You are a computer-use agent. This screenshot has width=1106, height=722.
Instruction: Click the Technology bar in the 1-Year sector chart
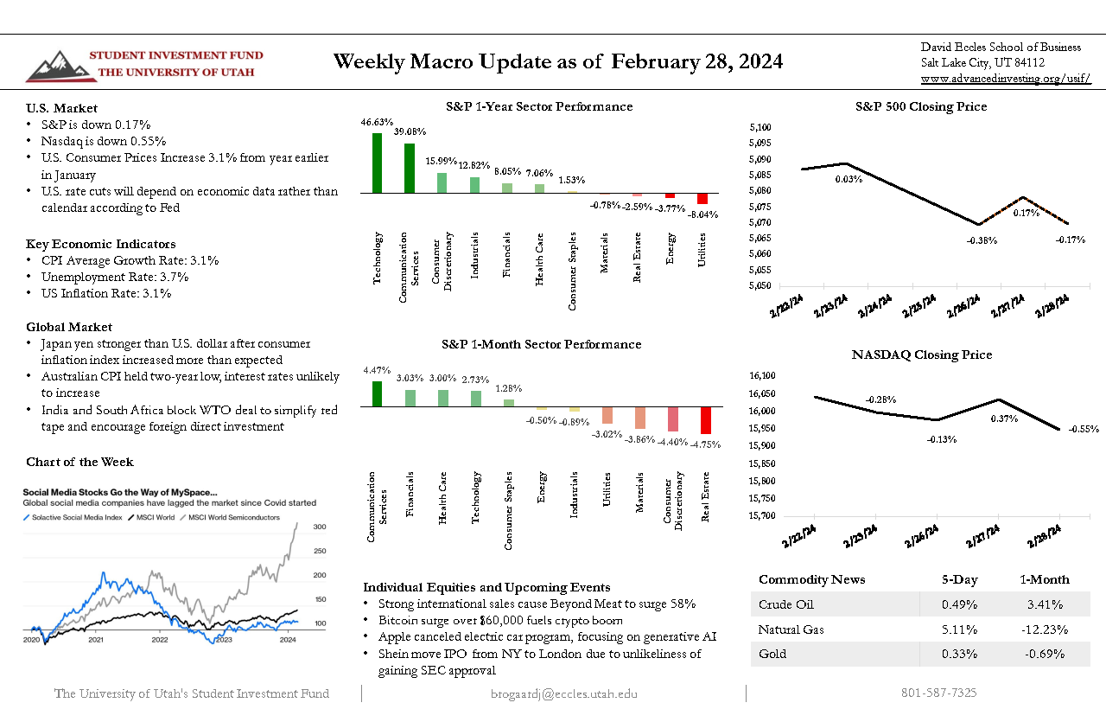pos(377,163)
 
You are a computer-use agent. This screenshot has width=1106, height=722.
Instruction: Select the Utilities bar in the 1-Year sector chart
pos(702,199)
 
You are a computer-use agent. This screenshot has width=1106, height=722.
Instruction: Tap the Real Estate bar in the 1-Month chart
pos(706,421)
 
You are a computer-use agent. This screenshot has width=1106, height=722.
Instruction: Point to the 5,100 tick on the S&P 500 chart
pos(760,127)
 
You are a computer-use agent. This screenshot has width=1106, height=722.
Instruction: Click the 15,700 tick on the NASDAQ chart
pos(763,516)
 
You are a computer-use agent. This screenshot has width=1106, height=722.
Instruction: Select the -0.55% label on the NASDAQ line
pos(1083,429)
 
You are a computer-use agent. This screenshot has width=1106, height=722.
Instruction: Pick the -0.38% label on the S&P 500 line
pos(978,240)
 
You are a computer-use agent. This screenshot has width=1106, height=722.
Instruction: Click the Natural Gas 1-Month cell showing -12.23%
pos(1044,629)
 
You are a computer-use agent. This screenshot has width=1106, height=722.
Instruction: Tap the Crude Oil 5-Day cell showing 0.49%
pos(959,604)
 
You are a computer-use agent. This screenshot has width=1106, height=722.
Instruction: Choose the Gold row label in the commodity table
pos(772,654)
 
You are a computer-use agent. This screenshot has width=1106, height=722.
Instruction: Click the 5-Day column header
pos(959,579)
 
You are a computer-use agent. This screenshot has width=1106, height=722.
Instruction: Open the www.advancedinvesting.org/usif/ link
pos(1005,79)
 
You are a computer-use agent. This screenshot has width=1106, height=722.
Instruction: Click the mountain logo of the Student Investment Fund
pos(55,66)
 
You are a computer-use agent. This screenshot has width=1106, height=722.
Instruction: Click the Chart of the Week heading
pos(79,462)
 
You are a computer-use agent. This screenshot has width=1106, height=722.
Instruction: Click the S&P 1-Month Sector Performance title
pos(541,344)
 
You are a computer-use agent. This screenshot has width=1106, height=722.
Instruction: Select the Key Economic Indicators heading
pos(100,244)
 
